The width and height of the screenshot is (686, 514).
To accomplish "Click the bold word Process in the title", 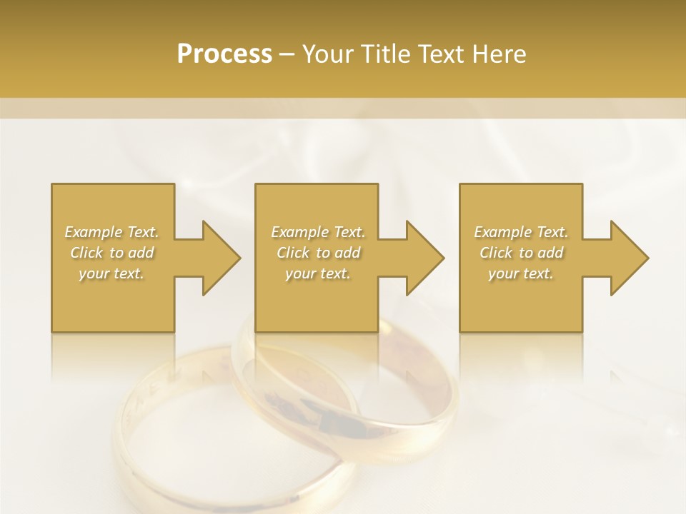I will (x=224, y=54).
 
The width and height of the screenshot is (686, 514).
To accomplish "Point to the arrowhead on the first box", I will (x=219, y=258).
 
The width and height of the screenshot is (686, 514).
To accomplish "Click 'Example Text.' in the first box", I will (x=111, y=232).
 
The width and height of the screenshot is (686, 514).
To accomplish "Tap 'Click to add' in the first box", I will (x=111, y=253).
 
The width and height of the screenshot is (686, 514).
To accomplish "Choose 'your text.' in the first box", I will (x=111, y=273).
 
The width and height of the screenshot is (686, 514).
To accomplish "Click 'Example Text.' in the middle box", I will (x=317, y=232).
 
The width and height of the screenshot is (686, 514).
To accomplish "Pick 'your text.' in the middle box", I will (x=317, y=273).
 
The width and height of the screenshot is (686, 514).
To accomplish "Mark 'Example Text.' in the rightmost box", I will (x=521, y=232).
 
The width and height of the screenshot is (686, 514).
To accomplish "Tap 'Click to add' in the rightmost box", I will (x=521, y=253).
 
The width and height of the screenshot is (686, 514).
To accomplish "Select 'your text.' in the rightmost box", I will (x=521, y=273).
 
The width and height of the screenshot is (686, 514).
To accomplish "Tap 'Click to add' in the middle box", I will (x=317, y=253).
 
